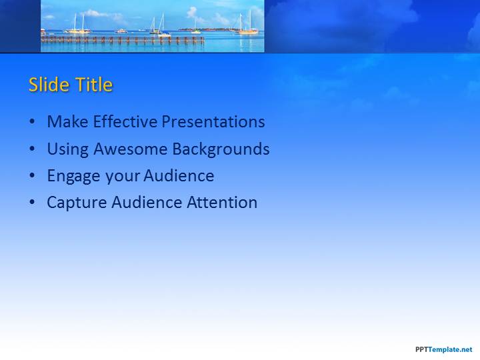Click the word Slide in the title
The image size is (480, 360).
coord(49,84)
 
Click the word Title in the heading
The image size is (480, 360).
coord(94,84)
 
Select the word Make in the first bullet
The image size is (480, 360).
coord(67,121)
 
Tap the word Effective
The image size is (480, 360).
coord(125,121)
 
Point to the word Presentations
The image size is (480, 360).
coord(213,121)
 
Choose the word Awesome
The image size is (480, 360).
coord(131,149)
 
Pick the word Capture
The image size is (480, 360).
coord(77,203)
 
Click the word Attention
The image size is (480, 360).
coord(222,203)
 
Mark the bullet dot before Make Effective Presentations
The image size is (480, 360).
coord(32,121)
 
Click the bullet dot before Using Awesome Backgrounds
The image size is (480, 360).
coord(32,149)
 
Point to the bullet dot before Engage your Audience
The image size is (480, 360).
coord(32,175)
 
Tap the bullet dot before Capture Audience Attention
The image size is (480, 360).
coord(32,203)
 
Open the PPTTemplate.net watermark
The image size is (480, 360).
coord(444,349)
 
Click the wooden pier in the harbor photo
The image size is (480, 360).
coord(123,40)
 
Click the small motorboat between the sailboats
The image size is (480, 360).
coord(121,31)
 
